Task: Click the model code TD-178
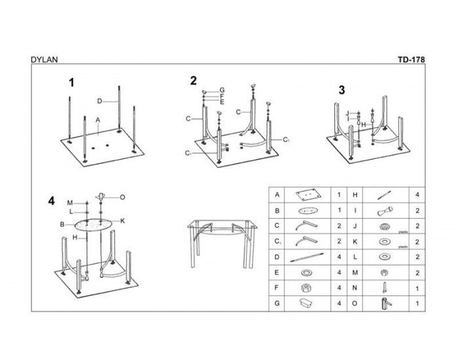411,59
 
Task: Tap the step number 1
72,82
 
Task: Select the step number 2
193,81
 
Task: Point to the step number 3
342,90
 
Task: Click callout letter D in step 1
99,101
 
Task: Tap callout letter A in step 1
97,120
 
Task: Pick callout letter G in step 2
222,90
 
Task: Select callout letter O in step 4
122,196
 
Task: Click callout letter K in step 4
122,221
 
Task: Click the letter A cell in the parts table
277,195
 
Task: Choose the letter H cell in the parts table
355,195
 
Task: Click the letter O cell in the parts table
355,304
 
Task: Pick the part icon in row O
385,304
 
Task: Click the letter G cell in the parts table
277,304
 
